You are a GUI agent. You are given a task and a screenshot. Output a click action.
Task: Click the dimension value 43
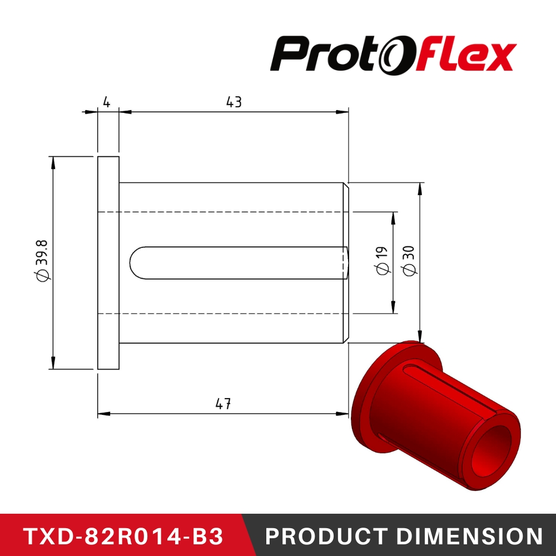pyautogui.click(x=234, y=102)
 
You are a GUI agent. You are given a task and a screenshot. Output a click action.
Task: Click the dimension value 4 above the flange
pyautogui.click(x=107, y=102)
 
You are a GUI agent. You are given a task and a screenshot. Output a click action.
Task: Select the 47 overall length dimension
pyautogui.click(x=223, y=404)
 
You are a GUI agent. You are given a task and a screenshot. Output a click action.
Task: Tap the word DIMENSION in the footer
pyautogui.click(x=466, y=536)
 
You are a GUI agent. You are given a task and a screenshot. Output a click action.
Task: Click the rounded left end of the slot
pyautogui.click(x=134, y=262)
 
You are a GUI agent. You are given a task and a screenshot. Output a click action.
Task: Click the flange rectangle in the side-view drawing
pyautogui.click(x=108, y=262)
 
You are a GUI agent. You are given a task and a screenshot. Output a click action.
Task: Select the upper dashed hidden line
pyautogui.click(x=222, y=212)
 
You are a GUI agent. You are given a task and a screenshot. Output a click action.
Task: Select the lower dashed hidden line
pyautogui.click(x=222, y=314)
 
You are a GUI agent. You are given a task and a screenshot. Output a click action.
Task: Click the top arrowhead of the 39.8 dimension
pyautogui.click(x=53, y=162)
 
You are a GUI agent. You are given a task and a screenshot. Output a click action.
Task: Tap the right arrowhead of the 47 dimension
pyautogui.click(x=343, y=414)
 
